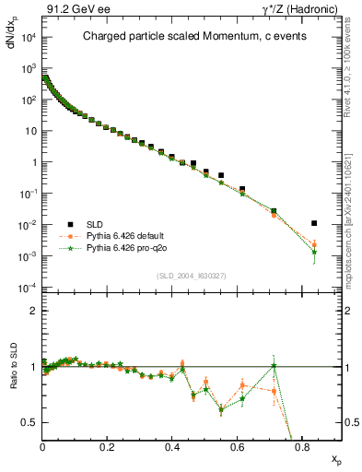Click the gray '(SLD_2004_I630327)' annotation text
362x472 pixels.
(x=192, y=276)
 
